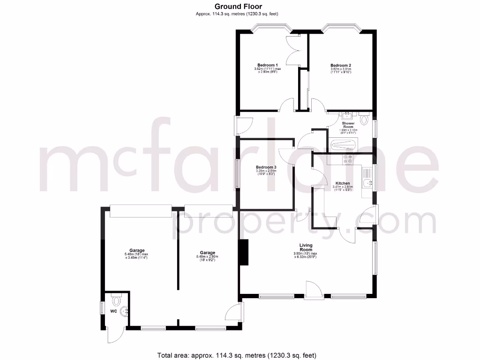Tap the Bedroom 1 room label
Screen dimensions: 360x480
[x=267, y=65]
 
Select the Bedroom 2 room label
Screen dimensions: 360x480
[x=341, y=65]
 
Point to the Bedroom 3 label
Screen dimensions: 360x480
[x=266, y=167]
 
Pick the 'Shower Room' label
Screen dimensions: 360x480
[x=348, y=124]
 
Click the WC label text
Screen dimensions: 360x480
[x=113, y=311]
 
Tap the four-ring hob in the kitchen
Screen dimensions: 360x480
[x=347, y=160]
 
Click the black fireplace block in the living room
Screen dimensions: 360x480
[x=243, y=253]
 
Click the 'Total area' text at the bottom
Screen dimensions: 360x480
[x=239, y=354]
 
